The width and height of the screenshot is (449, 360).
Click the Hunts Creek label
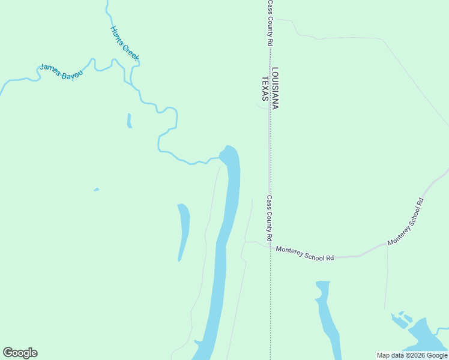(125, 43)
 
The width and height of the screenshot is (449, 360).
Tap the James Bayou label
(61, 72)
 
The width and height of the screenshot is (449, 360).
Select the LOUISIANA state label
(276, 88)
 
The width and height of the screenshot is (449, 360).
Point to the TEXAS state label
(264, 88)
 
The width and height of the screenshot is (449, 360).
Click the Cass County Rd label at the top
(270, 23)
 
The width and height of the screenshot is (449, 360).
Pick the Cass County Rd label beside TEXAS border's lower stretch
(270, 215)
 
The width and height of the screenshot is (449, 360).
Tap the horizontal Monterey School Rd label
(304, 253)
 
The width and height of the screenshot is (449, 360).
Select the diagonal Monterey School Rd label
(406, 222)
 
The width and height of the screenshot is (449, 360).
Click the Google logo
(20, 353)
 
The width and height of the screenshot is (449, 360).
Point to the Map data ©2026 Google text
(412, 355)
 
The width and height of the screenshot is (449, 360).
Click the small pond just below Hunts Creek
(129, 121)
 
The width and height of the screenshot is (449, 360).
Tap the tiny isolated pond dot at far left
(96, 190)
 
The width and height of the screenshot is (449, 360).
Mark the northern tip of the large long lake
(228, 148)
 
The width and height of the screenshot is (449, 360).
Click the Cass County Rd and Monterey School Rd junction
(269, 247)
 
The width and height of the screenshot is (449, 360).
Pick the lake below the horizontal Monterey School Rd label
(327, 318)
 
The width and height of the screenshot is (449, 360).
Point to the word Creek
(131, 52)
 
